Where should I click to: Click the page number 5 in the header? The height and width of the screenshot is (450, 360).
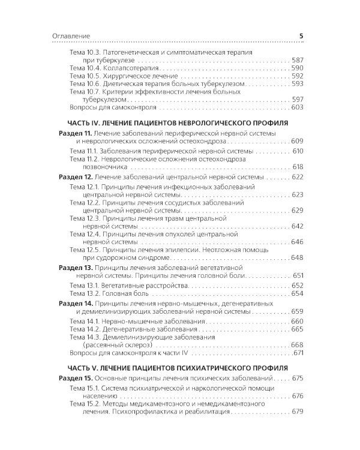[301, 37]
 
